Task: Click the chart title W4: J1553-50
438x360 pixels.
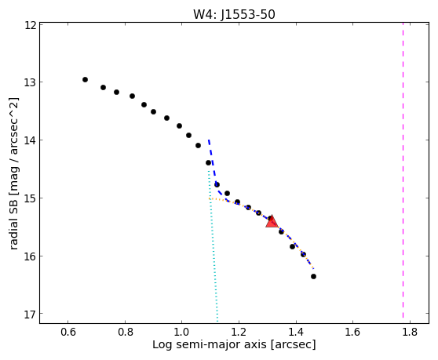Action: tap(234, 15)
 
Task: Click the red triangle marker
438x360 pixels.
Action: tap(272, 222)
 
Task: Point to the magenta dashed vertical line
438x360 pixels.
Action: tap(403, 170)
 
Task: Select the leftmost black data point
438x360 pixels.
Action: tap(86, 79)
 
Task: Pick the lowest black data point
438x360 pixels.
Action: tap(313, 276)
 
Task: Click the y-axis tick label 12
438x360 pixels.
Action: tap(31, 25)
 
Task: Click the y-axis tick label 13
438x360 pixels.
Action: tap(31, 83)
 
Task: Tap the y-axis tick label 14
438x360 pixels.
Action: tap(31, 140)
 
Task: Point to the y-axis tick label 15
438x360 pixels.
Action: tap(31, 198)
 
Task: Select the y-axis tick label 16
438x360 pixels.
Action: tap(31, 256)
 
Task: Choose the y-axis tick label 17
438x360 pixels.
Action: tap(31, 315)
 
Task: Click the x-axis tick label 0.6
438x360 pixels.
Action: tap(68, 332)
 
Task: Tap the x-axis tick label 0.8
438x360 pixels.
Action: tap(125, 332)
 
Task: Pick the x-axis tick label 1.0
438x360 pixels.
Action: tap(182, 332)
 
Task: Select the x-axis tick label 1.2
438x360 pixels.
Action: tap(239, 332)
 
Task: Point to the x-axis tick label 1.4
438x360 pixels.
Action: tap(296, 332)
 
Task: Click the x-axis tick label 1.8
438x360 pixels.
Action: tap(410, 332)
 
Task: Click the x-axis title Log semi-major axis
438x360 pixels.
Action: tap(210, 345)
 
